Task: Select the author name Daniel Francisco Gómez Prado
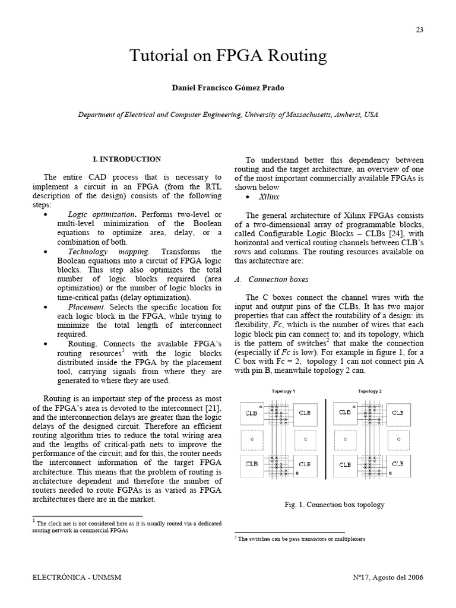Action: (x=228, y=88)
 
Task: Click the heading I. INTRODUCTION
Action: (x=127, y=159)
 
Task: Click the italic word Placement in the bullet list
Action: (x=86, y=306)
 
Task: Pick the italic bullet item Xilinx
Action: (x=270, y=196)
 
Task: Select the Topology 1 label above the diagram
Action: (x=283, y=391)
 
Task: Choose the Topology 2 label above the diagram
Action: (x=370, y=391)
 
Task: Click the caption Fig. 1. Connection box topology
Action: (x=335, y=505)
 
